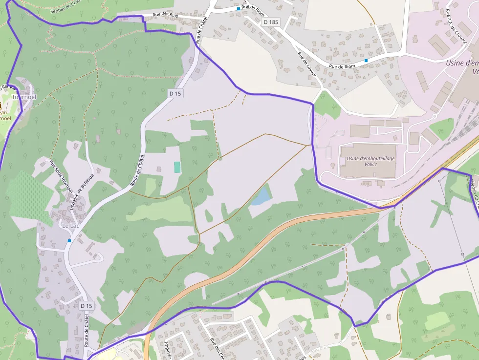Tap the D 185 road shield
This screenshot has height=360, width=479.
pos(271,22)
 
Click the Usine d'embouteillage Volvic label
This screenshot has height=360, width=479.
pos(370,161)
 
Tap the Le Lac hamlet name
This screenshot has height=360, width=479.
pos(71,226)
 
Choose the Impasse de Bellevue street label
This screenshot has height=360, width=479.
pos(78,193)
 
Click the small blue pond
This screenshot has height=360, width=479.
pos(261,196)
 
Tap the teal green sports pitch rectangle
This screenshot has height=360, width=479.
pos(177,167)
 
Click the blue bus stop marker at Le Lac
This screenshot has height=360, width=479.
pos(69,241)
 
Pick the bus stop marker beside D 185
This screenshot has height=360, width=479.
pos(239,9)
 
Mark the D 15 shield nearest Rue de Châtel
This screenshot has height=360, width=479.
pos(175,93)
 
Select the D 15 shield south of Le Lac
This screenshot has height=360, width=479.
pos(86,305)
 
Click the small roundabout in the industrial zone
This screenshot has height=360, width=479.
pos(434,117)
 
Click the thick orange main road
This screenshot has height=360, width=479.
pos(254,254)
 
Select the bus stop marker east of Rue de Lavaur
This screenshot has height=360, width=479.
pos(366,61)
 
